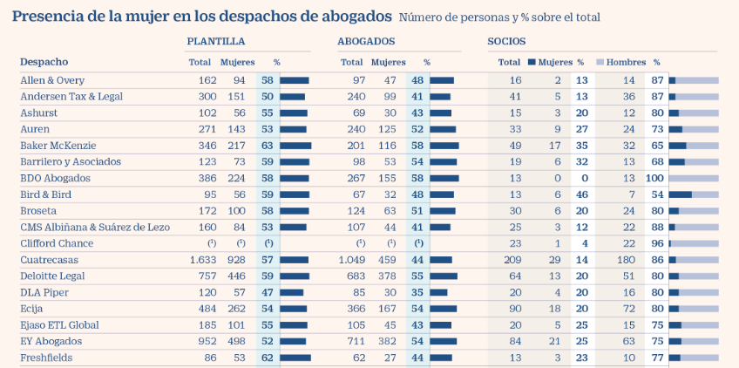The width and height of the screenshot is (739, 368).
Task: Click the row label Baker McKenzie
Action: (58, 146)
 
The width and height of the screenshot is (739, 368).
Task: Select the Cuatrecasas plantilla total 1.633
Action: (203, 260)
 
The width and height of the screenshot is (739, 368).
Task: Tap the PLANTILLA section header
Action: (215, 41)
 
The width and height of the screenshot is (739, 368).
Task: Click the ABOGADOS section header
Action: (366, 41)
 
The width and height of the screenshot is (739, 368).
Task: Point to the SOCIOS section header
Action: (506, 41)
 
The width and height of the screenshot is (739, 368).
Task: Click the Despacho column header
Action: (44, 62)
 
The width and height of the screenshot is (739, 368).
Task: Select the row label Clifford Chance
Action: (57, 243)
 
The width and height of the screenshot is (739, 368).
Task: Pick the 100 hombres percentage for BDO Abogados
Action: (654, 178)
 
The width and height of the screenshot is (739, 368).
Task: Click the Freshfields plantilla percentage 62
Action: (267, 358)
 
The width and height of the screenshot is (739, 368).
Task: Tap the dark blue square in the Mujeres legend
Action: (532, 62)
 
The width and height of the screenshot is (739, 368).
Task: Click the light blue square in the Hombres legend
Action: (600, 62)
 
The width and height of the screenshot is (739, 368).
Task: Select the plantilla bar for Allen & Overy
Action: (294, 80)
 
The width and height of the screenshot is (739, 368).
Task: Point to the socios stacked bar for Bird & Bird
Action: (694, 194)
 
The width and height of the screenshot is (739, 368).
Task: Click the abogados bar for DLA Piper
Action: (438, 292)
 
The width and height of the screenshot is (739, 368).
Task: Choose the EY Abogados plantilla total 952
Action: (207, 341)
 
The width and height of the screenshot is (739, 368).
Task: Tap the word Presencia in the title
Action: (50, 16)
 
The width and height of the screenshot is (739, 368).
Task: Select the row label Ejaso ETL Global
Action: (58, 325)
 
